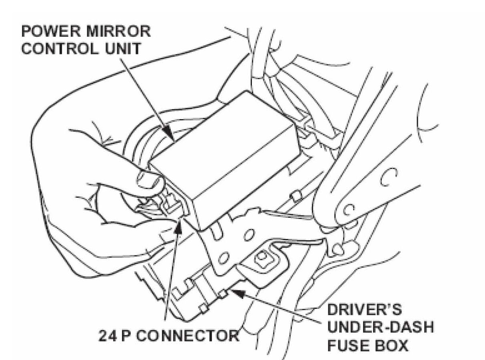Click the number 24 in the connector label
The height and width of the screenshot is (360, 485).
point(108,335)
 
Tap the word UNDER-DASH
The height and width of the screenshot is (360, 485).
point(380,328)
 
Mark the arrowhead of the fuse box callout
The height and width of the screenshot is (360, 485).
point(237,294)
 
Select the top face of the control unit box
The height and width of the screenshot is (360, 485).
point(224,132)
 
